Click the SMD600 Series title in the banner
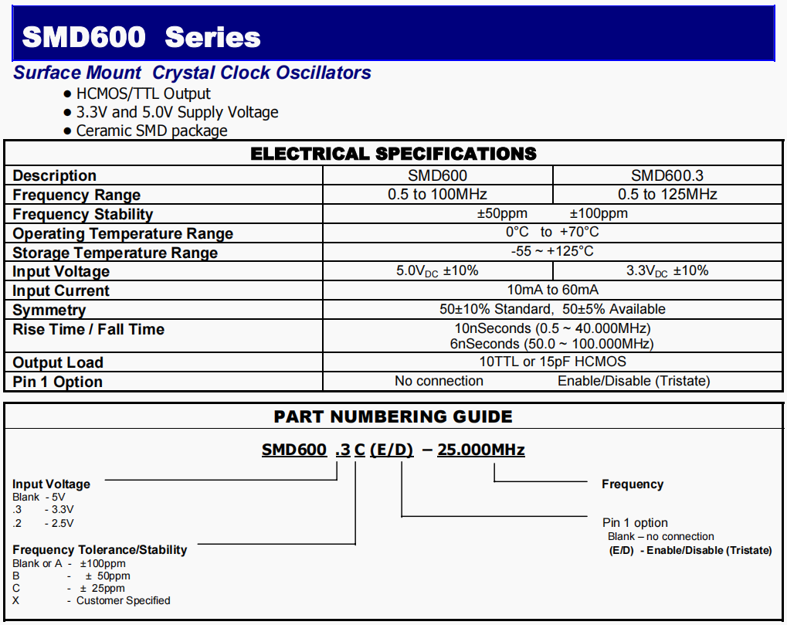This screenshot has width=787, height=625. coord(141,36)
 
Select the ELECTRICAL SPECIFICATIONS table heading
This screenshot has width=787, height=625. coord(393,154)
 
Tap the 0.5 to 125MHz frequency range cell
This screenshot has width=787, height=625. coord(667,195)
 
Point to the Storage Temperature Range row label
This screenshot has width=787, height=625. coord(115,253)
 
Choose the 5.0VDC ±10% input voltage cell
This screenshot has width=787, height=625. coord(437,271)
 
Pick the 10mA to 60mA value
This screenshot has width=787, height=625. coord(552,290)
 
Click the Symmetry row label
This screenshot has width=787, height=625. coord(49,310)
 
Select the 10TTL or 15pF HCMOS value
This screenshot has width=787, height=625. coord(552,362)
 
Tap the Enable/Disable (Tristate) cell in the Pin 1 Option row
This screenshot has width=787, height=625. coord(633,381)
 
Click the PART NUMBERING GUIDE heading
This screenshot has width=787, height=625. coord(393,417)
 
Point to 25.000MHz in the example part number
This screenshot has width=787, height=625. coord(481,450)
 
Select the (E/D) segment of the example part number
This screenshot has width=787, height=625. coord(392,450)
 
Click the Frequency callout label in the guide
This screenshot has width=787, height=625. coord(632,484)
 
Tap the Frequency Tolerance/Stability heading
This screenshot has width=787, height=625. coord(100,550)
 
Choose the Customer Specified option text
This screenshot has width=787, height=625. coord(123,600)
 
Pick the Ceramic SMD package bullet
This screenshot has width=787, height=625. coord(151,131)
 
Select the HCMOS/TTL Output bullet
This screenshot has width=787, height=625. coord(143,93)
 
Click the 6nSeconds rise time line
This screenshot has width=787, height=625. coord(552,344)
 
